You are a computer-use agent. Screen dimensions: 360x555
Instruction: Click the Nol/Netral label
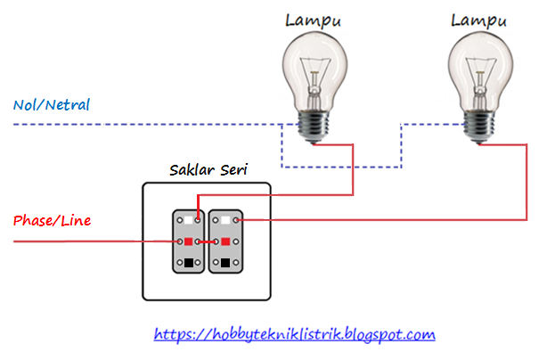point(52,104)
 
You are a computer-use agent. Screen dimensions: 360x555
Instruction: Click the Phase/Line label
point(52,219)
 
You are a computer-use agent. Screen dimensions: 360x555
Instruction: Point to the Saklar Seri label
point(208,169)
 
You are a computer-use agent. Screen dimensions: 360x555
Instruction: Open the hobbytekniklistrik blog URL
point(294,335)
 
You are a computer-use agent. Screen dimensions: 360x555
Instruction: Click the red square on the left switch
point(190,241)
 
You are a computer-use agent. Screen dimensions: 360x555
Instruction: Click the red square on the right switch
point(226,241)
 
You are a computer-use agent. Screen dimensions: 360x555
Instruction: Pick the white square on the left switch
point(190,219)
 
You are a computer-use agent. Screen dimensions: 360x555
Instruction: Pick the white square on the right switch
point(226,219)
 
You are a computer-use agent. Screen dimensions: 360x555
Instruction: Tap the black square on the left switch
point(190,263)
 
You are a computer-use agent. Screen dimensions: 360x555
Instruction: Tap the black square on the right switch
point(226,263)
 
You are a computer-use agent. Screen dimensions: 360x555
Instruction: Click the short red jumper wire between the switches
point(208,241)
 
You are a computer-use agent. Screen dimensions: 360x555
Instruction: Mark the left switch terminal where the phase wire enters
point(178,241)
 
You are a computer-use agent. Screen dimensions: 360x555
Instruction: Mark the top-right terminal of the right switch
point(238,219)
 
